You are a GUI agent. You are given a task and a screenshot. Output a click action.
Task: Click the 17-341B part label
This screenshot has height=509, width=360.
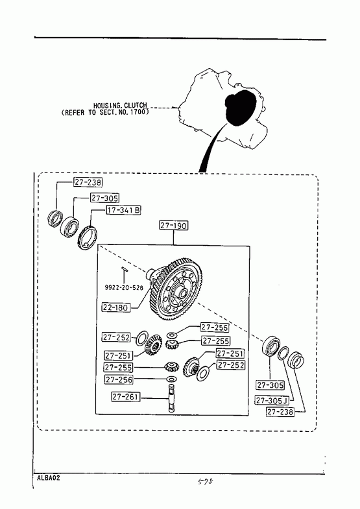point(123,210)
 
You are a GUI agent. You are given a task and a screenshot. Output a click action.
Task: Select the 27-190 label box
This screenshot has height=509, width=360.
point(174,225)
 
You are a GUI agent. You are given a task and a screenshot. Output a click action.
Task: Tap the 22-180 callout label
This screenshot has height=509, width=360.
point(116,307)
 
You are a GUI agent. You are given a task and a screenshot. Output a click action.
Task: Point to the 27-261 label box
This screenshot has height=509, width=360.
point(126,397)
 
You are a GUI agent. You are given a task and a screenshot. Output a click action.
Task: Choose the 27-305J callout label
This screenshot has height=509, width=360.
point(272,401)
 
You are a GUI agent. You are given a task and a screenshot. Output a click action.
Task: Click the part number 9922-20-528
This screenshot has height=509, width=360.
point(124,288)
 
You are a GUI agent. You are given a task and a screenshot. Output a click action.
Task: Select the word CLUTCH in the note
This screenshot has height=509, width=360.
point(136,106)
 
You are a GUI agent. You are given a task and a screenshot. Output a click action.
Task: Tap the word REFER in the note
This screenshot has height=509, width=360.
point(75,113)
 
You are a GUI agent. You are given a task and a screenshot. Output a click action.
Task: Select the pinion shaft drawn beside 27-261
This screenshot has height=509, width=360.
point(172,397)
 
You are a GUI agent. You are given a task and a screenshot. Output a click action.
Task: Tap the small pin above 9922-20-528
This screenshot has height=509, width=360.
point(124,268)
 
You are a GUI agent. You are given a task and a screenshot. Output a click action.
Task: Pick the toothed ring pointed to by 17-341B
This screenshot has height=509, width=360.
point(88,237)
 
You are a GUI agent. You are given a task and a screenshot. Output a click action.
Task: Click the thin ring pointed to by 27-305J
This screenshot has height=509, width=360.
point(283,353)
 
